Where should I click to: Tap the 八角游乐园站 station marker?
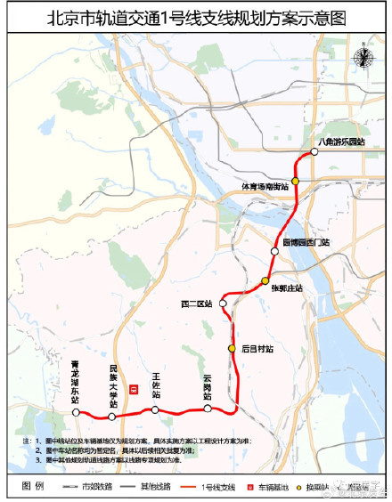click(x=313, y=154)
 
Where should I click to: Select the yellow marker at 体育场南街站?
click(x=295, y=181)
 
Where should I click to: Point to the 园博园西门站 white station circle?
click(x=275, y=252)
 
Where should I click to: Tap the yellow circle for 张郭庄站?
click(x=265, y=282)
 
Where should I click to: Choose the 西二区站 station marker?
click(x=225, y=304)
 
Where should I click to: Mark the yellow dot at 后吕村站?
click(x=233, y=348)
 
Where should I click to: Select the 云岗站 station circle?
click(x=208, y=409)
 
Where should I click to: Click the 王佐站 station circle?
click(x=155, y=409)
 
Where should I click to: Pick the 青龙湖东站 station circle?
click(x=77, y=413)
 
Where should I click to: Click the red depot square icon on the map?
click(x=134, y=389)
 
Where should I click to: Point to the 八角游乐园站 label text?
click(x=341, y=142)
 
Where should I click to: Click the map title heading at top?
click(x=195, y=17)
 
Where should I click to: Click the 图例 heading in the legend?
click(x=32, y=487)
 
